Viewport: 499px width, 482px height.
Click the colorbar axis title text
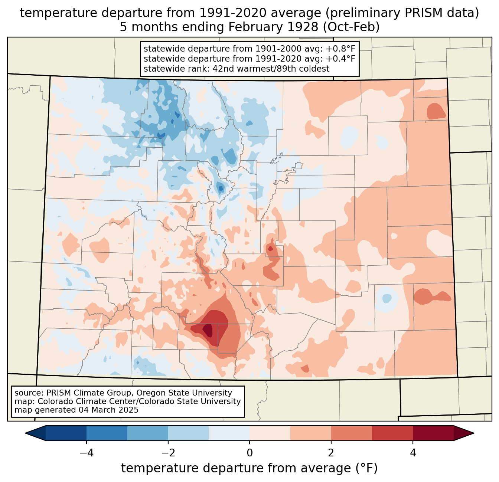[249, 468]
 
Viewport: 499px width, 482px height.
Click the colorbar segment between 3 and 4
[392, 433]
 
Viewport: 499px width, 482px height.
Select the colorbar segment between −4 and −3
[107, 433]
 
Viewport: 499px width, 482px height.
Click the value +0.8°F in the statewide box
[340, 49]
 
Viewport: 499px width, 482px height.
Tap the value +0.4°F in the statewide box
[340, 59]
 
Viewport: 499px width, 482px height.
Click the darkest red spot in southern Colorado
[208, 329]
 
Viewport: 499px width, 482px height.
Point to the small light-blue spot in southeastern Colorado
[387, 298]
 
